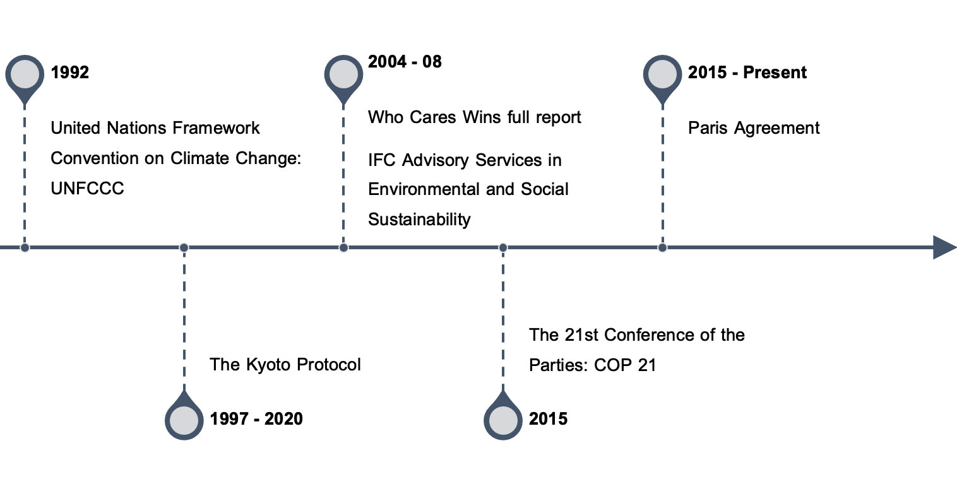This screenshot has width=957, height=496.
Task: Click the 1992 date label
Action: click(69, 72)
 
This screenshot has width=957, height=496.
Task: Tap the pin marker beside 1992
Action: click(25, 78)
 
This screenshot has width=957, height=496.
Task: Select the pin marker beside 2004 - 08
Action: click(343, 78)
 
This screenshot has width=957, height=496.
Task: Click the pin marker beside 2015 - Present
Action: click(662, 78)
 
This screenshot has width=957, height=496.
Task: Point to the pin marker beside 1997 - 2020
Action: click(184, 417)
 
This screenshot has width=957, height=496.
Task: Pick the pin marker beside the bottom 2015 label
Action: click(503, 417)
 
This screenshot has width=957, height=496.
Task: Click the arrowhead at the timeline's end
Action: click(944, 247)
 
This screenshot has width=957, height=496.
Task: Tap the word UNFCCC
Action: click(87, 189)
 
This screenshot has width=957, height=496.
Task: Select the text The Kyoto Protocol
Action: click(285, 365)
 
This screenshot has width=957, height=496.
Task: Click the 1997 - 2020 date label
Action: click(256, 418)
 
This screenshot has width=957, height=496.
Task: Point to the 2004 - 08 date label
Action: click(405, 62)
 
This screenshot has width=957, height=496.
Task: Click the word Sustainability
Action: click(419, 220)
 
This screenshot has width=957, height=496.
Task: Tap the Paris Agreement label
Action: click(754, 128)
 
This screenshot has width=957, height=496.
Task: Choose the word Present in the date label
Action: click(775, 72)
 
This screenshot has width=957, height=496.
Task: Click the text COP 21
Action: click(624, 365)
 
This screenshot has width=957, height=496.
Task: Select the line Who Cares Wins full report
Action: click(474, 117)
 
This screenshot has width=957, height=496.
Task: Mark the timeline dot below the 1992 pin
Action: click(25, 247)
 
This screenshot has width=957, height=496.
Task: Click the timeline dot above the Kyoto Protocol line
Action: click(184, 247)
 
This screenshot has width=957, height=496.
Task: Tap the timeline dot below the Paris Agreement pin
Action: click(662, 247)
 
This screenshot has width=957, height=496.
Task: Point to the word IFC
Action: click(381, 160)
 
